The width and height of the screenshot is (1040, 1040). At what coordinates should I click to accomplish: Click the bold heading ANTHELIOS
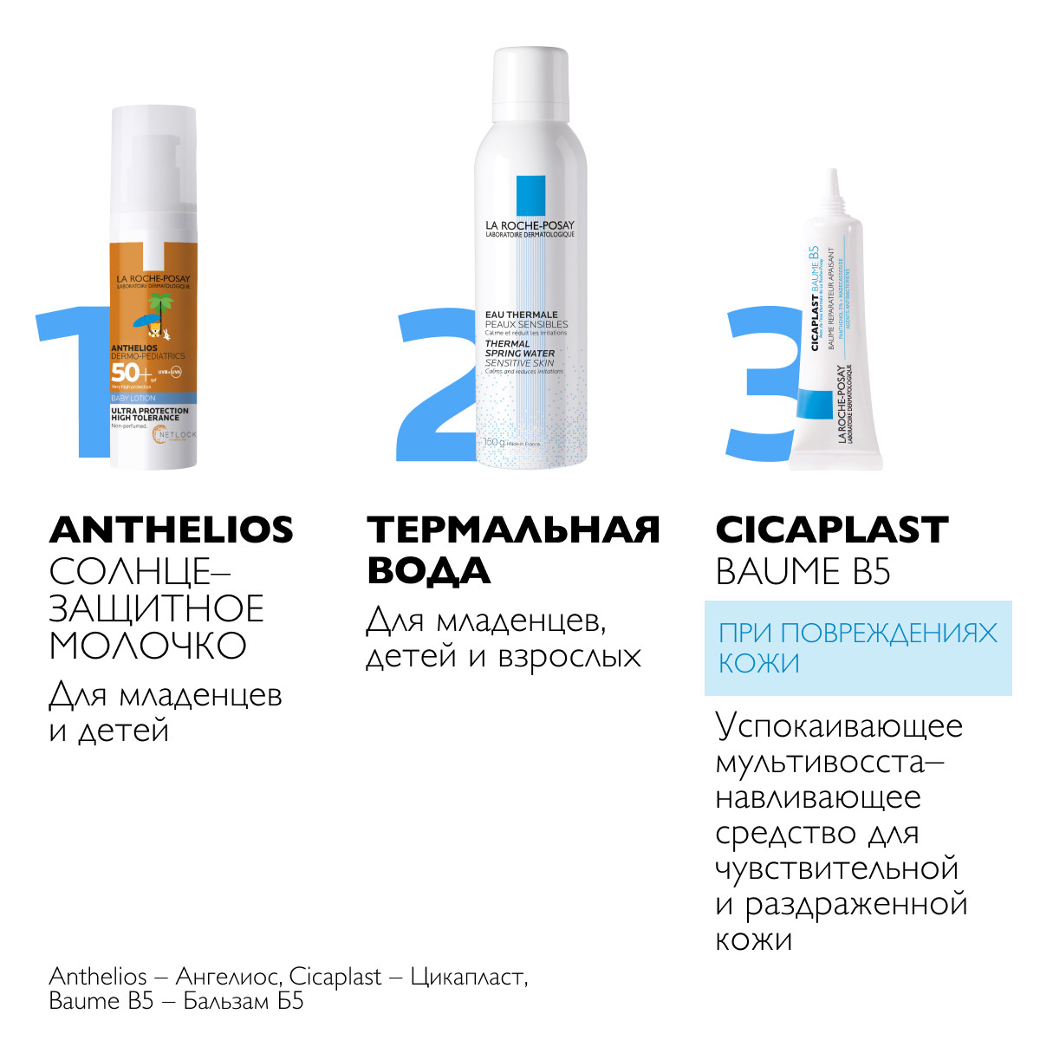coord(172,530)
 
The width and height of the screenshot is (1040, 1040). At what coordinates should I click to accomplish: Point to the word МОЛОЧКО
coord(147,646)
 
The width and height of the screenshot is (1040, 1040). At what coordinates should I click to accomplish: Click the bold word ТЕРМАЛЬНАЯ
coord(513,530)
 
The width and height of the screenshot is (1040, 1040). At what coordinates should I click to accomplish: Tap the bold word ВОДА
coord(429,571)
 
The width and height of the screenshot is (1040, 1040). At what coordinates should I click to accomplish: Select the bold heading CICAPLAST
coord(832,530)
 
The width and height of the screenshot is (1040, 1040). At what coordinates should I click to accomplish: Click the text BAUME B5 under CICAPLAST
coord(803,572)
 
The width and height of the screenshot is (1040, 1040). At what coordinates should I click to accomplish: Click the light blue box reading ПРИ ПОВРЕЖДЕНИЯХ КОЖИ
coord(857,647)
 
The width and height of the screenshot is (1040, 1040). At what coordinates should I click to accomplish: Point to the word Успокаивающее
coord(839,726)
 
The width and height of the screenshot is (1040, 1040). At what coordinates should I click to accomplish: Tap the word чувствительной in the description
coord(837,868)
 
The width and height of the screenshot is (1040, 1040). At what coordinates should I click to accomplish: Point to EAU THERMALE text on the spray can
coord(522,315)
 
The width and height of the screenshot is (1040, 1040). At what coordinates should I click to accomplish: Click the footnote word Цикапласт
coord(467,977)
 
